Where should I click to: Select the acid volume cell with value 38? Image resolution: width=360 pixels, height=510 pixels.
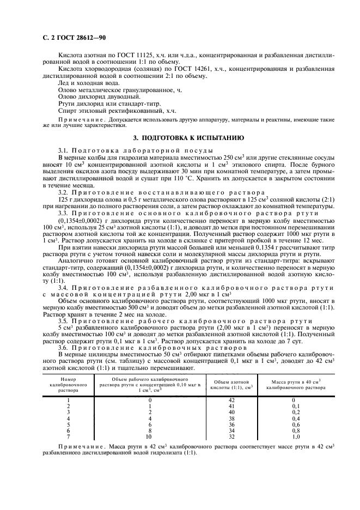(x=231, y=418)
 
